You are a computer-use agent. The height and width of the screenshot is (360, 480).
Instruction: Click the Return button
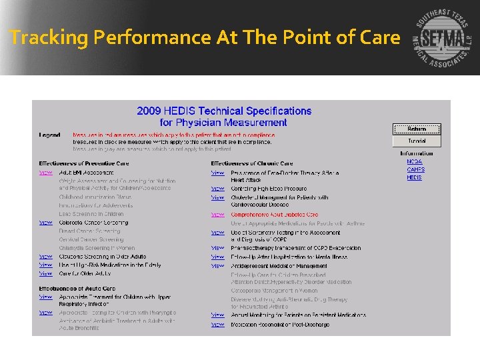click(x=417, y=129)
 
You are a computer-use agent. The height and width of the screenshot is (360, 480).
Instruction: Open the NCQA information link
click(x=415, y=161)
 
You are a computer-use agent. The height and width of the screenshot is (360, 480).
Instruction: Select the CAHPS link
click(x=415, y=169)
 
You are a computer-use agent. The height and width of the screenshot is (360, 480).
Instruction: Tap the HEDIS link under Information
click(x=414, y=178)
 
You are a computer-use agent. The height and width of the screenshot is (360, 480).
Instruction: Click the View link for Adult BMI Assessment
click(x=45, y=173)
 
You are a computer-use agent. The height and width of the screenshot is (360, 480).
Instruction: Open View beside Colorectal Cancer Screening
click(x=45, y=223)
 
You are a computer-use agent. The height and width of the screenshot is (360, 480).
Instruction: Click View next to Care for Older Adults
click(x=45, y=273)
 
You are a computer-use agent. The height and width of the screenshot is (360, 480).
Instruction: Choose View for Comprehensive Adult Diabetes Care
click(x=218, y=215)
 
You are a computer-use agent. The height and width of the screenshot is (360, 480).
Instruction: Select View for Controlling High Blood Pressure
click(x=218, y=189)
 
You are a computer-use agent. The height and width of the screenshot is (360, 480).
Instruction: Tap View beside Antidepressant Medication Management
click(x=218, y=266)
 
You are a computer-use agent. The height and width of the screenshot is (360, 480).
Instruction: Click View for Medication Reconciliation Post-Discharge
click(x=218, y=325)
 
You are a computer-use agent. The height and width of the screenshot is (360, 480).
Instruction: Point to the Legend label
click(x=49, y=135)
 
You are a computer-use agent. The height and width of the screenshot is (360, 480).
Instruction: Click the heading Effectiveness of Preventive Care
click(x=84, y=163)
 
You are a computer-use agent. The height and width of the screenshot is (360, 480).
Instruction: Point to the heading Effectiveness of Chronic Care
click(x=252, y=163)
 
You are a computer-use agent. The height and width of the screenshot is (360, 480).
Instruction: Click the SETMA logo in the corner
click(x=441, y=38)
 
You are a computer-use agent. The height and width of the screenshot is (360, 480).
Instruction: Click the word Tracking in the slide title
click(x=49, y=38)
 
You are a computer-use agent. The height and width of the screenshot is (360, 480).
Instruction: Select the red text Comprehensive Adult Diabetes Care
click(x=275, y=215)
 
